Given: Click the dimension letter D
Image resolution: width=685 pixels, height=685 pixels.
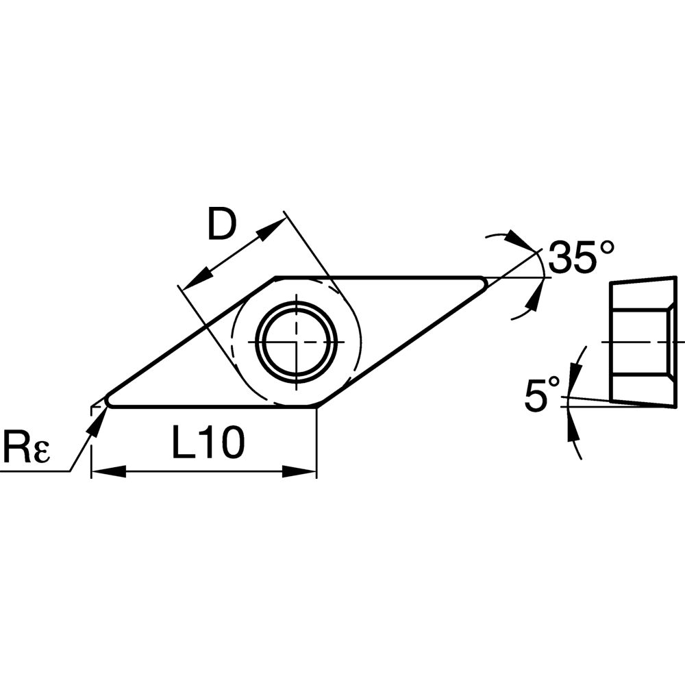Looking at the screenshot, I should pyautogui.click(x=221, y=227).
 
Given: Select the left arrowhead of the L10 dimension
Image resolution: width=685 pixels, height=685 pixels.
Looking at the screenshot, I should pyautogui.click(x=103, y=471).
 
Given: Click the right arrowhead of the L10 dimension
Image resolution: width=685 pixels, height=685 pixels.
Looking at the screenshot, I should pyautogui.click(x=304, y=471).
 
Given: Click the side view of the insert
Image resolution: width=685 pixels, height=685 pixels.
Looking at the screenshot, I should pyautogui.click(x=641, y=340).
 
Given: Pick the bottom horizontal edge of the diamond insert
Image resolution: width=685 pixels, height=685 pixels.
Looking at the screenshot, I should pyautogui.click(x=206, y=406).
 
